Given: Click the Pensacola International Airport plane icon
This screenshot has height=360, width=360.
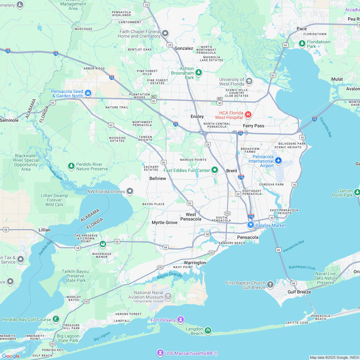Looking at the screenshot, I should [x=278, y=160].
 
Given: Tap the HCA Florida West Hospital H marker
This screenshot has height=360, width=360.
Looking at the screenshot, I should [x=248, y=114].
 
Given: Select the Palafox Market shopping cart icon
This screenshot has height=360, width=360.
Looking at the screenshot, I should [x=251, y=225].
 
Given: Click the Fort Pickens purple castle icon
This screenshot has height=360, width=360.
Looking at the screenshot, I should [x=181, y=320].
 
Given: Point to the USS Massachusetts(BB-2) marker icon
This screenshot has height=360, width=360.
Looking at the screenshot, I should [x=160, y=353].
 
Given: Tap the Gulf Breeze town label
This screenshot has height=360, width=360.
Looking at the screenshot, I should [x=299, y=292].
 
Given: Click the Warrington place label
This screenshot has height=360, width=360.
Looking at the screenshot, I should [x=195, y=263].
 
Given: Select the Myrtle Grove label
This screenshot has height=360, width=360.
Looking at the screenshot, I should [x=165, y=222].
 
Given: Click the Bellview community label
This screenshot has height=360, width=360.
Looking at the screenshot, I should [x=158, y=178].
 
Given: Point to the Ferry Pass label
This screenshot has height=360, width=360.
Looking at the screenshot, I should [x=254, y=126].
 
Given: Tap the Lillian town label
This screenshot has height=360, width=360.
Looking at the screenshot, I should [x=44, y=230].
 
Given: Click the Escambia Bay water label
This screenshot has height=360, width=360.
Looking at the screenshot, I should [x=325, y=127].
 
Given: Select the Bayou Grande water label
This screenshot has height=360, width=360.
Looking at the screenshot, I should [x=169, y=276].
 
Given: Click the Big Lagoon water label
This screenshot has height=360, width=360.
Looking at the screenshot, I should [x=102, y=336].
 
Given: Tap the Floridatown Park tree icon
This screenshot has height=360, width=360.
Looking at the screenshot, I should [x=302, y=43].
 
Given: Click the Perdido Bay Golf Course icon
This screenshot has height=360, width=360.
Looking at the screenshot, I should [x=56, y=319].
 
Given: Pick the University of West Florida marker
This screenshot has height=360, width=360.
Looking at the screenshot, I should [x=249, y=80].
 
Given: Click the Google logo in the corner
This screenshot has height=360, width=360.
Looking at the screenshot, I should [x=11, y=356].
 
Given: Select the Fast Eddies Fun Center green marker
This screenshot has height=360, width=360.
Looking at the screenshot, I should [x=215, y=170].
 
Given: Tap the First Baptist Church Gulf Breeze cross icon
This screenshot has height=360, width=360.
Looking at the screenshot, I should [x=270, y=284].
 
